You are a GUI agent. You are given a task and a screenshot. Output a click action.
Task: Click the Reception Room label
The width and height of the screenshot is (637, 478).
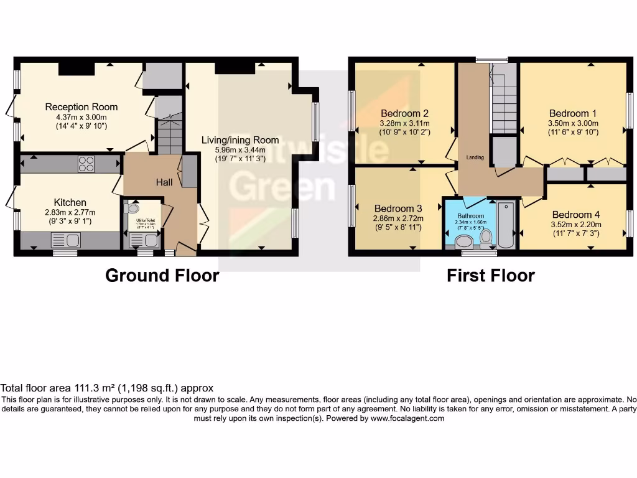click(81, 107)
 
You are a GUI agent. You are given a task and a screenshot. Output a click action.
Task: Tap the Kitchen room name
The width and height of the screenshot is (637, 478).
click(70, 202)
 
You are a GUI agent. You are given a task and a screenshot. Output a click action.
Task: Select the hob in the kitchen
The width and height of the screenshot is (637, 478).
click(86, 164)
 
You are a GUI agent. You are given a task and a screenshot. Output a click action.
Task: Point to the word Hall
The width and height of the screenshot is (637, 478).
click(164, 182)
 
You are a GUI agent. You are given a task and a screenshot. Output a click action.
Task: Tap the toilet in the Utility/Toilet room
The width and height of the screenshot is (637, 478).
click(132, 209)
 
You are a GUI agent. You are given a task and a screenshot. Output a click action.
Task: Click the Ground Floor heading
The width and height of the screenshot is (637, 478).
click(162, 275)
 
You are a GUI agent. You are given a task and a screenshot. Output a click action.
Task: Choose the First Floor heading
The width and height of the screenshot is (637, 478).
click(490, 275)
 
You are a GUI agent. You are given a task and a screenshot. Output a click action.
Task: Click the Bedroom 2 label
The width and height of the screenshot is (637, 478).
click(404, 113)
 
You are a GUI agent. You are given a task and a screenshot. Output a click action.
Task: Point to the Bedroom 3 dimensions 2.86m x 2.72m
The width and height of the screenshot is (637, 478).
click(398, 218)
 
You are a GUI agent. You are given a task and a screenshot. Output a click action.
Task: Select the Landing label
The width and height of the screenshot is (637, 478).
click(475, 157)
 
